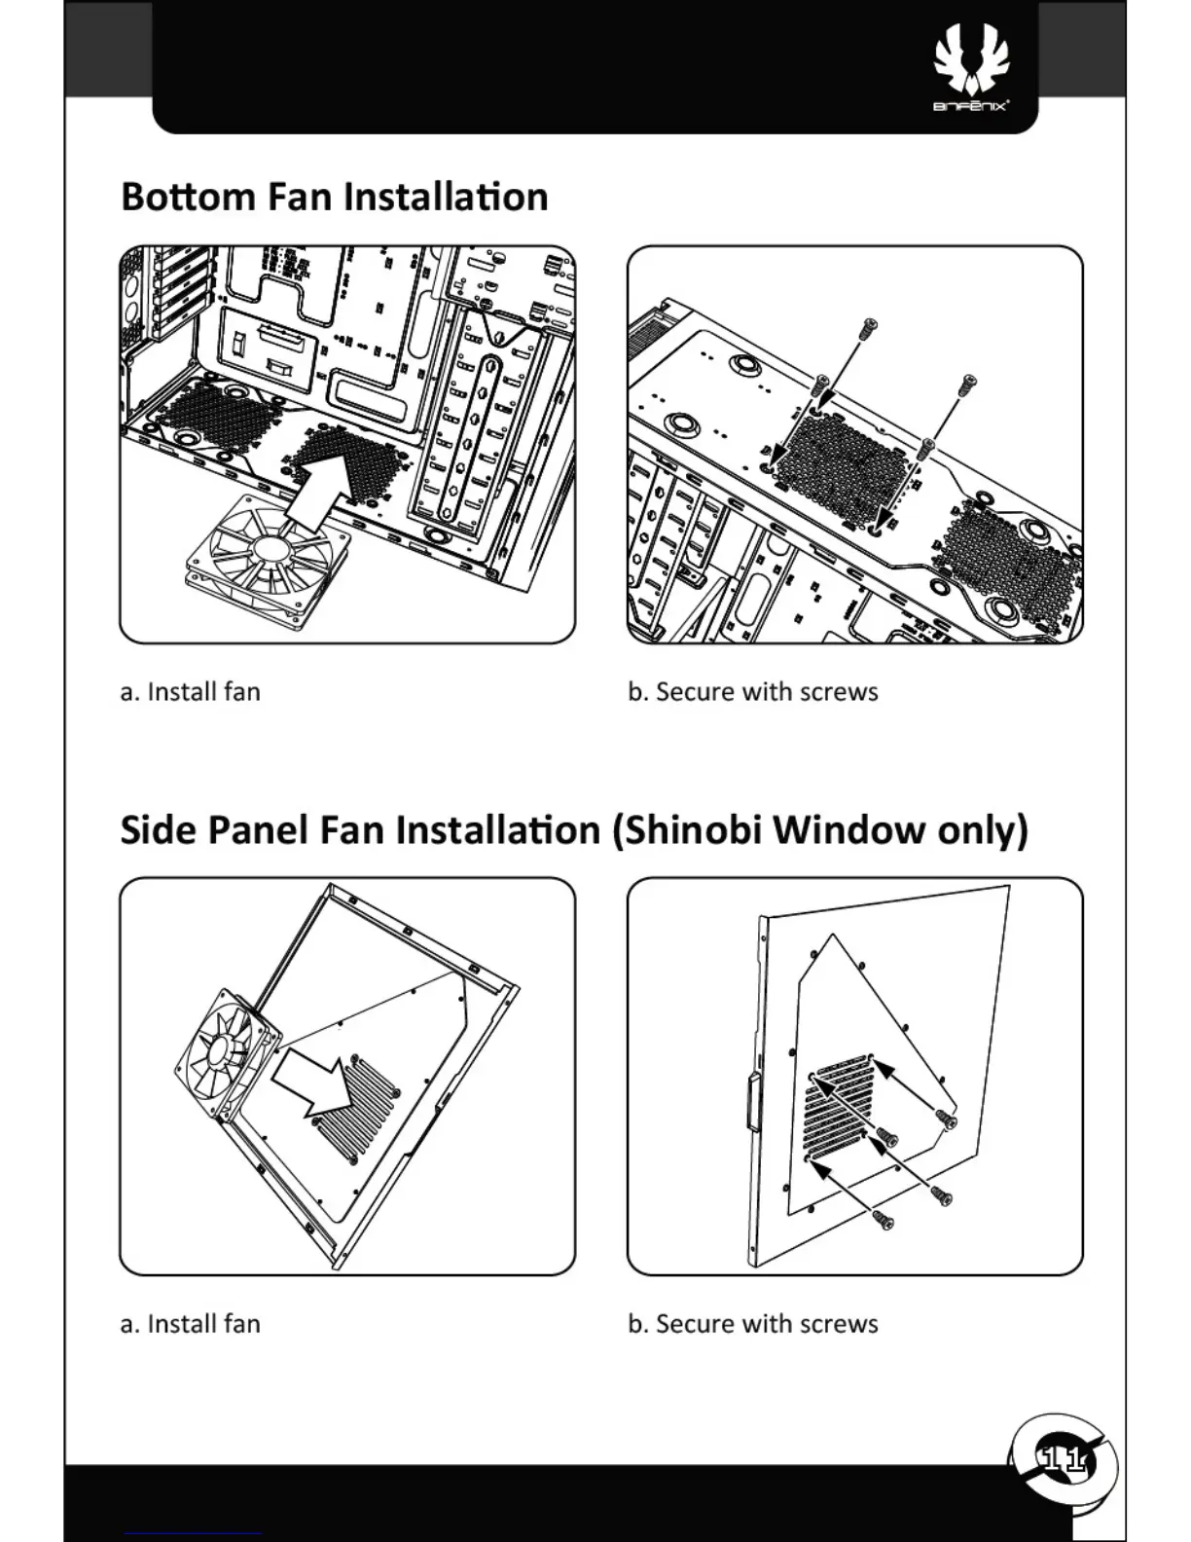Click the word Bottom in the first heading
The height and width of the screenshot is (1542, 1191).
tap(188, 197)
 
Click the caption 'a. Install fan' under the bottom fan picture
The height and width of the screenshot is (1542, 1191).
tap(191, 692)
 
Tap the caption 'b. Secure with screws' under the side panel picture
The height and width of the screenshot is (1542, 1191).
tap(753, 1324)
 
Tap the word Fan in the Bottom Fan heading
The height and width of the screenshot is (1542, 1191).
tap(300, 197)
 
